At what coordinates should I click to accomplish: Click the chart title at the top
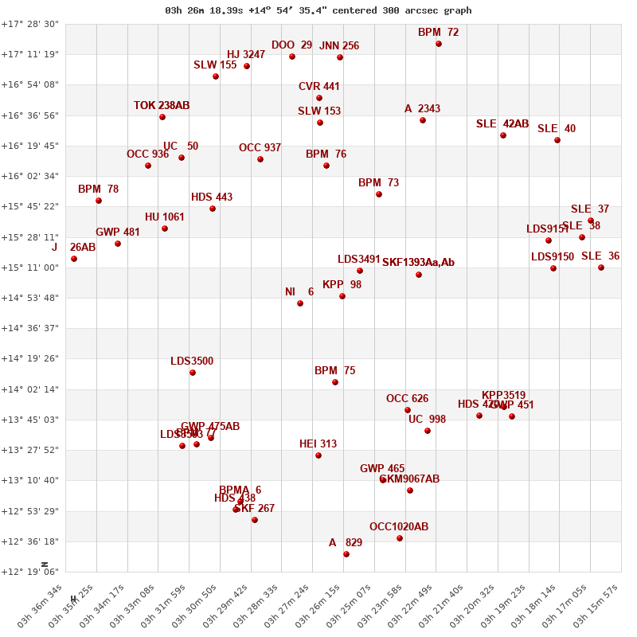(318, 10)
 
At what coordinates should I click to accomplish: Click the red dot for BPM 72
(439, 44)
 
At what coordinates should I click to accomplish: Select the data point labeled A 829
(346, 554)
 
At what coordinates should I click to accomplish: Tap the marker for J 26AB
(74, 259)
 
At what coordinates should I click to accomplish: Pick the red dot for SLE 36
(601, 268)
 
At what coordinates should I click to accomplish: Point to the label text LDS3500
(192, 361)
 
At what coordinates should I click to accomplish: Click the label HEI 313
(318, 444)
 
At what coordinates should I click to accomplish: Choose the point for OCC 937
(260, 159)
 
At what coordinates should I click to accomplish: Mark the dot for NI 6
(300, 303)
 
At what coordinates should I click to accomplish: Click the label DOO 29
(291, 45)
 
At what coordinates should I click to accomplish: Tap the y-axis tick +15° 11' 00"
(30, 268)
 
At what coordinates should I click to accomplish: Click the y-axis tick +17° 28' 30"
(30, 24)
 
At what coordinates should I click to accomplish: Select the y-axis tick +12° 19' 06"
(30, 572)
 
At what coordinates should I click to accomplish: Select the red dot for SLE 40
(557, 140)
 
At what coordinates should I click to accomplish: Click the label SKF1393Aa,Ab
(418, 263)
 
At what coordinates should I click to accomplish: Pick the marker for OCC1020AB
(400, 538)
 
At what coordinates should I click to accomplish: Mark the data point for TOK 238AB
(162, 117)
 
